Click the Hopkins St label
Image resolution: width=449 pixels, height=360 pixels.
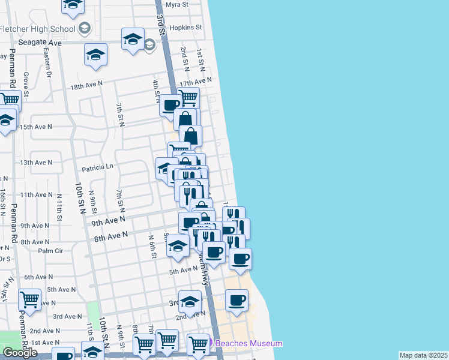pyautogui.click(x=185, y=28)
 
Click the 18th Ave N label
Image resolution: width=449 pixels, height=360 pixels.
pyautogui.click(x=86, y=86)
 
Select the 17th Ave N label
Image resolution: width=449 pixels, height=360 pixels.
pyautogui.click(x=196, y=82)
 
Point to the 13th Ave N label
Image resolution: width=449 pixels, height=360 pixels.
pyautogui.click(x=36, y=163)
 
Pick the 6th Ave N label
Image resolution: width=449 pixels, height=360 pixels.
pyautogui.click(x=38, y=277)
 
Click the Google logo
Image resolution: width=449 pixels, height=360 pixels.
pyautogui.click(x=20, y=353)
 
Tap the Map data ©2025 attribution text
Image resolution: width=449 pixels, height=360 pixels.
pyautogui.click(x=424, y=355)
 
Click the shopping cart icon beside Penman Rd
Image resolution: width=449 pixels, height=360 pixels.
pyautogui.click(x=29, y=298)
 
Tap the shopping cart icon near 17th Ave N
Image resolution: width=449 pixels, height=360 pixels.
pyautogui.click(x=188, y=97)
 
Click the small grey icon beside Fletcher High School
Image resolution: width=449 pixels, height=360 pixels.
pyautogui.click(x=85, y=28)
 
